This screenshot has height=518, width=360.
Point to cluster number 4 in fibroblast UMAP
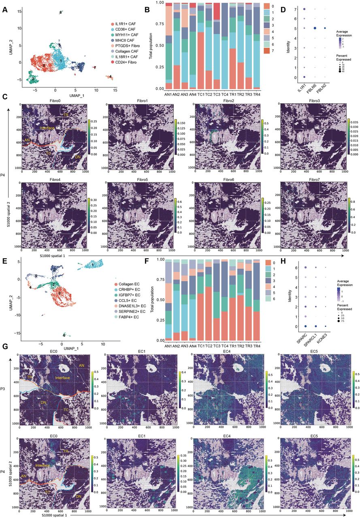click(x=110, y=76)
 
